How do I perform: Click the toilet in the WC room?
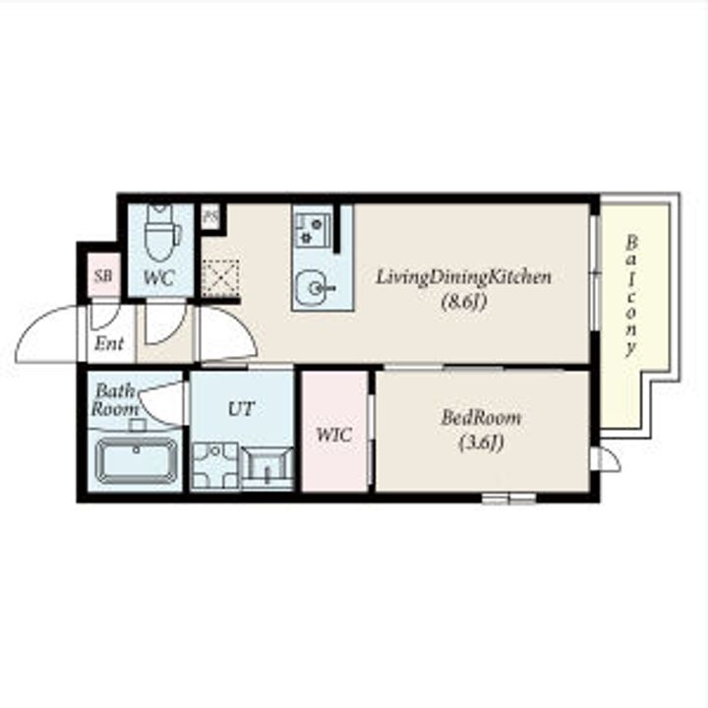pos(161,232)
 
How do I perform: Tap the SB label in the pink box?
pos(103,275)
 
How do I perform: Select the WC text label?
pos(159,277)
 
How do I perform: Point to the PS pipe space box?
pos(210,216)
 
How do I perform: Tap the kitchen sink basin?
pos(315,287)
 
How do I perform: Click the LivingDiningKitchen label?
pos(464,276)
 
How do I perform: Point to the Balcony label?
pos(630,296)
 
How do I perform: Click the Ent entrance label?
pos(109,344)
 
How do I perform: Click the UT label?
pos(242,409)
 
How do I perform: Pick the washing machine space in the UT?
pos(215,466)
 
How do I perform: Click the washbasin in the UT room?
pos(267,468)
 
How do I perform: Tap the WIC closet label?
pos(334,436)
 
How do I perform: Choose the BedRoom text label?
pos(481,418)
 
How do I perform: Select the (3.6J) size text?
pos(481,442)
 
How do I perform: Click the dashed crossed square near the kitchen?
pos(220,278)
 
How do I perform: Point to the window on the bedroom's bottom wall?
pos(509,498)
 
